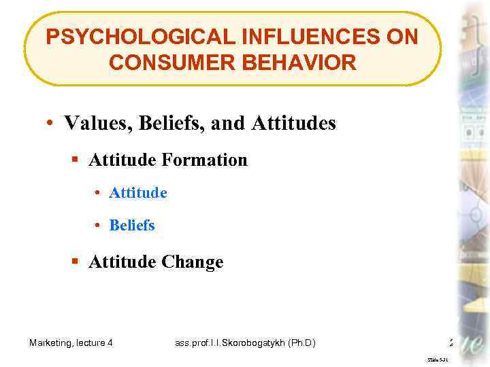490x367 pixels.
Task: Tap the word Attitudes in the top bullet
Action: (x=293, y=123)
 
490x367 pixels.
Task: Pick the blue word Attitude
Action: (x=138, y=193)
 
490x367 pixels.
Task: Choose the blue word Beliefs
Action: (x=132, y=225)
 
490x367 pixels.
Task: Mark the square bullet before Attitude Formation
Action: (x=76, y=161)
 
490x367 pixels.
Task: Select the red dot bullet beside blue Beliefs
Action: (x=99, y=226)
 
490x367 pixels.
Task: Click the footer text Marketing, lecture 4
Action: (x=71, y=343)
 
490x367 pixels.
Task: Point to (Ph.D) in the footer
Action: (x=301, y=343)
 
